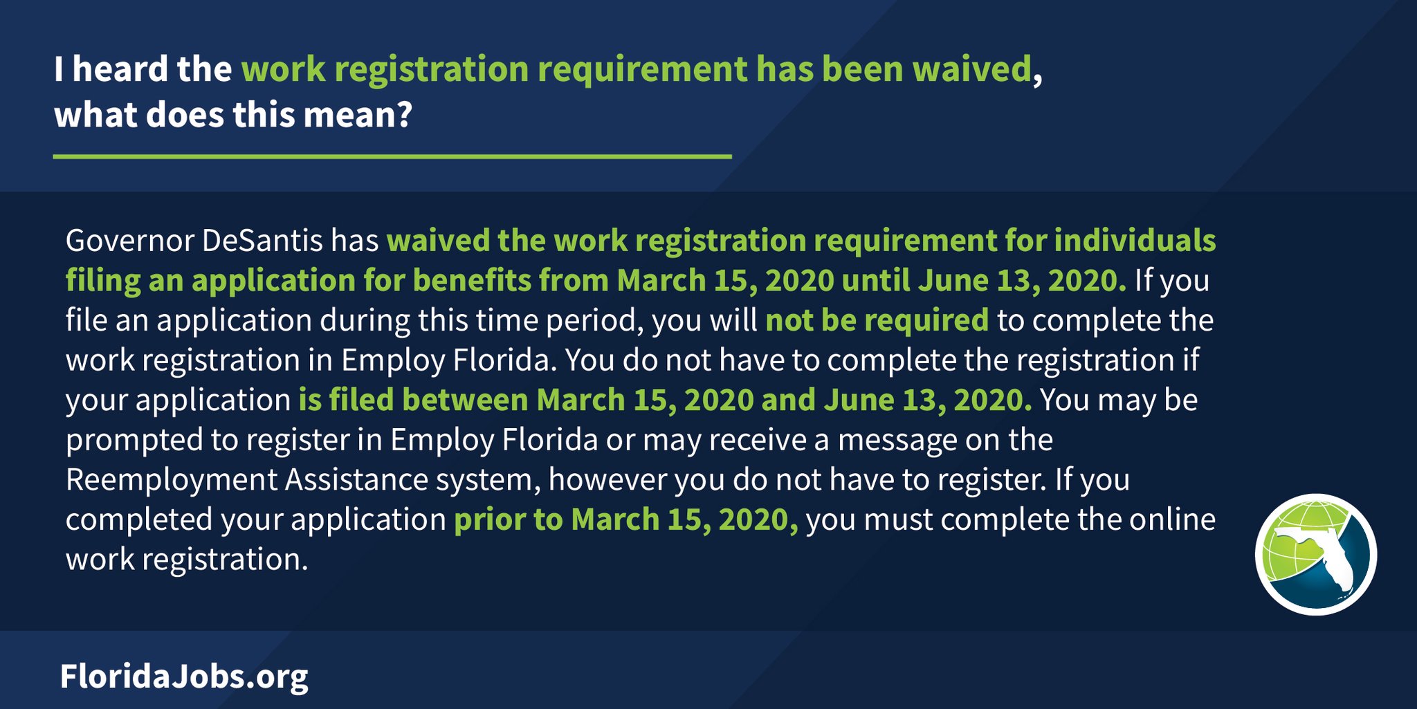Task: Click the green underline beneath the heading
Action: click(x=392, y=157)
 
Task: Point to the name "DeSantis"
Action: click(x=262, y=241)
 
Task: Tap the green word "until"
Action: click(x=876, y=281)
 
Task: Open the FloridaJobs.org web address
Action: click(x=184, y=676)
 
